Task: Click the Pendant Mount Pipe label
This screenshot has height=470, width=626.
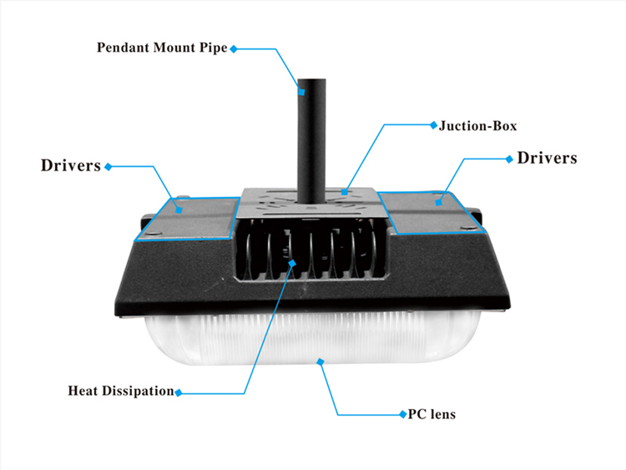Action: tap(162, 48)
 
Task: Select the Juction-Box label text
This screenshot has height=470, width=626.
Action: tap(478, 126)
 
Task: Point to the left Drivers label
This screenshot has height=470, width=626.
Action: tap(71, 166)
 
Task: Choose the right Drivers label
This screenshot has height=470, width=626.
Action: tap(547, 158)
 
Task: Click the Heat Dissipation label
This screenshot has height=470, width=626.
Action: tap(121, 391)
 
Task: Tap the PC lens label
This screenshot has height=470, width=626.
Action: tap(432, 414)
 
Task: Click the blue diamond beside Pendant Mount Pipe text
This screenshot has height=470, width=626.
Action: tap(234, 48)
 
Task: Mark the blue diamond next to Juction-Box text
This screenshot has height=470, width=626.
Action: tap(433, 125)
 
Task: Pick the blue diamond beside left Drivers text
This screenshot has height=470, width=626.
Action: tap(109, 166)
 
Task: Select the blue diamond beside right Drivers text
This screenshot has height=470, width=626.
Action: tap(509, 159)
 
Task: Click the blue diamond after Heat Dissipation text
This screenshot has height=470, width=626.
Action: tap(179, 392)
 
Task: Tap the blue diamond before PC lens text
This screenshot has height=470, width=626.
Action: tap(403, 414)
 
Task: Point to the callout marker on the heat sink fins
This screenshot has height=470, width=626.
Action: tap(292, 263)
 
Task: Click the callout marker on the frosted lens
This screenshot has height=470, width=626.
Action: tap(321, 361)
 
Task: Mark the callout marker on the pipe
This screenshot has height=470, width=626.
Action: tap(302, 92)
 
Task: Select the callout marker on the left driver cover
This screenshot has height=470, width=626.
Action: tap(179, 210)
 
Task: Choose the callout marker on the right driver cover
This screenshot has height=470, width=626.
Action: tap(439, 203)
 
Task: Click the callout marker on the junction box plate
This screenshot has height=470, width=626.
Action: tap(345, 192)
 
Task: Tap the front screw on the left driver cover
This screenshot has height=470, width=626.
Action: tap(155, 233)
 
